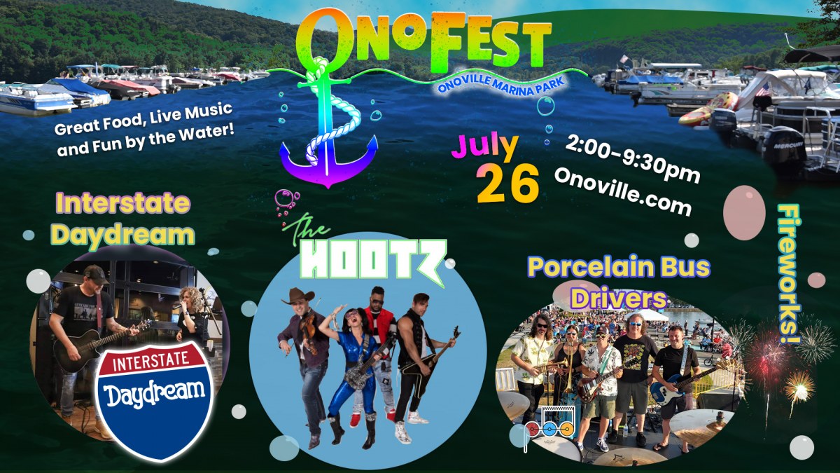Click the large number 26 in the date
(507, 184)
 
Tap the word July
(485, 147)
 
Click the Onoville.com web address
(622, 191)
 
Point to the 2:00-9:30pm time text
(632, 159)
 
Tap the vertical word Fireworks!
(789, 273)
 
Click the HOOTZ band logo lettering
(374, 260)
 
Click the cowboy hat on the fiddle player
(298, 296)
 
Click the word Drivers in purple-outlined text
(619, 299)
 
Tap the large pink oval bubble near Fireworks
(744, 213)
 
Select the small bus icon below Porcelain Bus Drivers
(550, 423)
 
